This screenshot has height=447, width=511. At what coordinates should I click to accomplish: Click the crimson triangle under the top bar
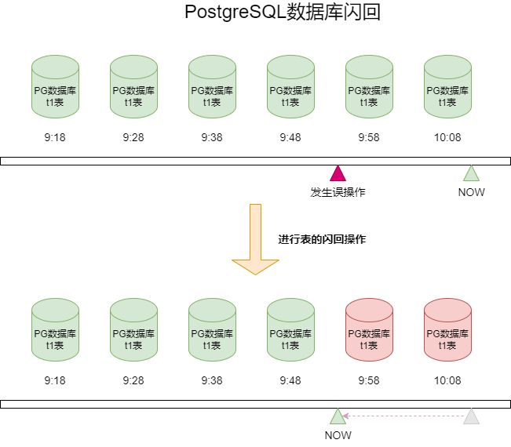pos(338,174)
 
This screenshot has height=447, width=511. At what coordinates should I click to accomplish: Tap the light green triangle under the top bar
pos(471,174)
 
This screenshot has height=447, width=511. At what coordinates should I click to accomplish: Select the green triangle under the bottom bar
pos(338,416)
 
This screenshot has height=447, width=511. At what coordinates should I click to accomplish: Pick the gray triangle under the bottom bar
pos(471,416)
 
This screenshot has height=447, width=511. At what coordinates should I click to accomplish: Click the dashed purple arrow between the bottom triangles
pos(404,416)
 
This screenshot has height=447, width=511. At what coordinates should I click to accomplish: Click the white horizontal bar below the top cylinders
pos(255,161)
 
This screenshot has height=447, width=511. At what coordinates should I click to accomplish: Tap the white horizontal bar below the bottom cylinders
pos(255,404)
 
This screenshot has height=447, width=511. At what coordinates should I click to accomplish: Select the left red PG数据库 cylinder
pos(369,329)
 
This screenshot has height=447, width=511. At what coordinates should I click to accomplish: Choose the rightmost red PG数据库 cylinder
pos(447,329)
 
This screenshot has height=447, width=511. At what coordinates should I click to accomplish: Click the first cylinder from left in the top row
pos(55,86)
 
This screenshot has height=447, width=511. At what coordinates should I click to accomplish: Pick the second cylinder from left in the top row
pos(133,86)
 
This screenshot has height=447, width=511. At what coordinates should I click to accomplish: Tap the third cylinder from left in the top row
pos(212,86)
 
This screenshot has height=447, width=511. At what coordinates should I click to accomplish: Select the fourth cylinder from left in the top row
pos(290,86)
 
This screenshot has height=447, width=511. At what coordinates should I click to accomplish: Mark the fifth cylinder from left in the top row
pos(369,86)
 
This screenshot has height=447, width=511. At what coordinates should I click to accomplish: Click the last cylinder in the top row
pos(447,86)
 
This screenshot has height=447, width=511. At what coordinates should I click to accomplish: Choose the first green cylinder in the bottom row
pos(55,329)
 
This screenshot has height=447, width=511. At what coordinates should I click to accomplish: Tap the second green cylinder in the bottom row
pos(133,329)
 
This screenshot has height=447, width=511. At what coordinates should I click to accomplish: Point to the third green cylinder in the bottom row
pos(212,329)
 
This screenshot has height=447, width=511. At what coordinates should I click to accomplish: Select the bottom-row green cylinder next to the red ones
pos(290,329)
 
